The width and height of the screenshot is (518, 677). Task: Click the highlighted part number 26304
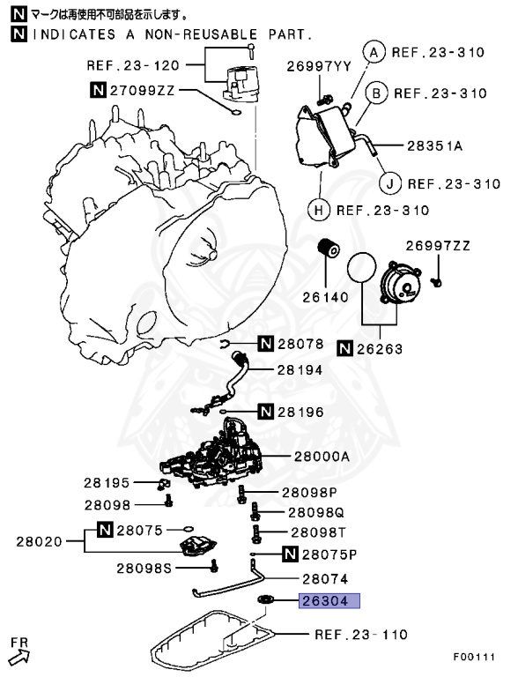coord(329,601)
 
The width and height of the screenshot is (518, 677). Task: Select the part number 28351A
coord(434,145)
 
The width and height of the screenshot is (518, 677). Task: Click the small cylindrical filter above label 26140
coord(331,249)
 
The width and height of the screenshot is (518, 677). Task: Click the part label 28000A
coord(321,457)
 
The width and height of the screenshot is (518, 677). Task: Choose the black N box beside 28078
coord(267,344)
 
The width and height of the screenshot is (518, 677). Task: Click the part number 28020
coord(39,540)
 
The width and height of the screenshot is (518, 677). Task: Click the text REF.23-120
coord(132,64)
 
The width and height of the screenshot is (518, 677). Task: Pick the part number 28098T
coord(318,532)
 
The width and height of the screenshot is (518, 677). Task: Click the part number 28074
coord(325,579)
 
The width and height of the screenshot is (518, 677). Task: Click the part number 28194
coord(300,370)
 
